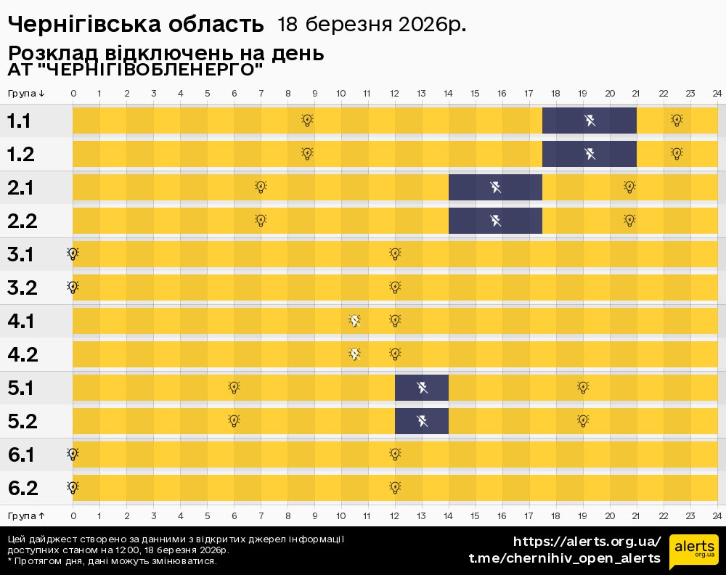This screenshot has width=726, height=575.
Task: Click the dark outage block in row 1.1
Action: [590, 121]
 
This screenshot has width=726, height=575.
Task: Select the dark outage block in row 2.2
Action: [495, 221]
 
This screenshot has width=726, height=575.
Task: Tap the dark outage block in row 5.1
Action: [422, 388]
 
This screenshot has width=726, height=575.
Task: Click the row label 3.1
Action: [23, 254]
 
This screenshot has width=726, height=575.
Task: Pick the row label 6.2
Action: [23, 488]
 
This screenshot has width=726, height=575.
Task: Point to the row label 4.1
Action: [23, 321]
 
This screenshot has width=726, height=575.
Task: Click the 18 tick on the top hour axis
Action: [555, 94]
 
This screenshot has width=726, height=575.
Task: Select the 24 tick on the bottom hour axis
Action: [717, 515]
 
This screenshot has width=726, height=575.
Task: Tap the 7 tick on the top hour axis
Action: [261, 94]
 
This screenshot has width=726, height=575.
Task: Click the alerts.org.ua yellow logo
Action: [693, 550]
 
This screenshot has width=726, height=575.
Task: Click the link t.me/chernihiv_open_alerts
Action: [565, 558]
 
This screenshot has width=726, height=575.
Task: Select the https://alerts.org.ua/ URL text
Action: [587, 542]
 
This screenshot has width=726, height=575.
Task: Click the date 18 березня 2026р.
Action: [371, 25]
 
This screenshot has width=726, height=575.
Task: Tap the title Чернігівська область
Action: [136, 25]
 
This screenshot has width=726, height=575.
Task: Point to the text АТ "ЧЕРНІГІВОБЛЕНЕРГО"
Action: [135, 70]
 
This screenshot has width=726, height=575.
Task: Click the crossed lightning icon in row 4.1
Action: [354, 321]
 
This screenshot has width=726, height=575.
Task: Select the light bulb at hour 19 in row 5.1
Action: [582, 388]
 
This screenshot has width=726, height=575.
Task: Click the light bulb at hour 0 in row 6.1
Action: [73, 454]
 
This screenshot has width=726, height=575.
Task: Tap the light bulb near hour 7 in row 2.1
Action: [261, 187]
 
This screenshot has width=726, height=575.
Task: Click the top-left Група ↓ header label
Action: [27, 94]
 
